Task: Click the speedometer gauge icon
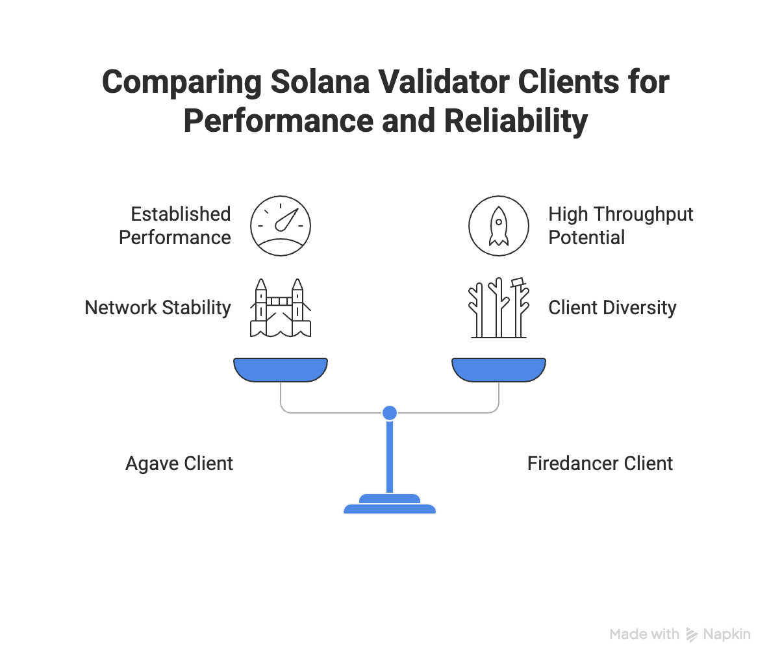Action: click(x=281, y=226)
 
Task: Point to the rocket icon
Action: click(x=499, y=226)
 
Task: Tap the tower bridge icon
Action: click(x=281, y=308)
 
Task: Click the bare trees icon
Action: click(x=499, y=308)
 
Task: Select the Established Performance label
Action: click(x=174, y=226)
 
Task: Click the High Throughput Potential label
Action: click(x=620, y=226)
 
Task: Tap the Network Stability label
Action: click(x=158, y=308)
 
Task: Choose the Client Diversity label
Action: click(x=612, y=308)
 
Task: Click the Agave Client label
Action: click(x=179, y=464)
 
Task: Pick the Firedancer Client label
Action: click(x=599, y=464)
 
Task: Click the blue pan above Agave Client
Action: click(x=281, y=369)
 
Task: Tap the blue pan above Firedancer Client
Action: click(x=499, y=369)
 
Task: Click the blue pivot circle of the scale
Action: click(x=390, y=412)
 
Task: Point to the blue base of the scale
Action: click(x=390, y=505)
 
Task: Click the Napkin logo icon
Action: click(x=692, y=635)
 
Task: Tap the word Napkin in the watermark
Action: click(x=727, y=634)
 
